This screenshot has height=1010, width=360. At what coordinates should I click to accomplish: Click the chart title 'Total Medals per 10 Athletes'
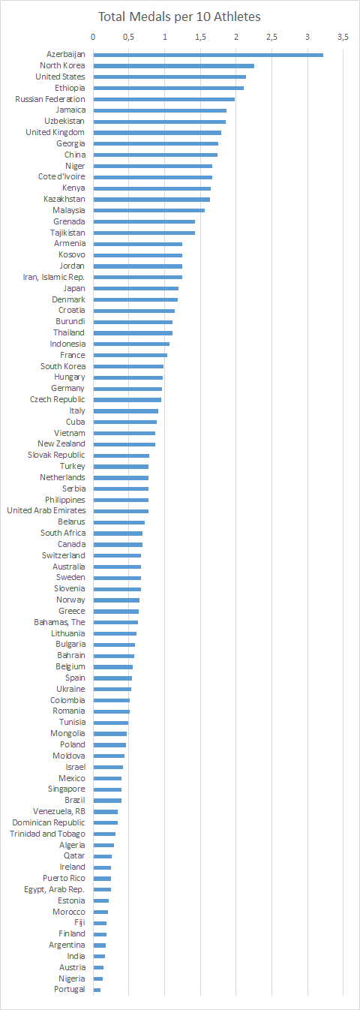pyautogui.click(x=179, y=16)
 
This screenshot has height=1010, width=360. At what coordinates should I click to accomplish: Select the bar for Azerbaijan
pyautogui.click(x=208, y=55)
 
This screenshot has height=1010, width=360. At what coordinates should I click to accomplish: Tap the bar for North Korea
pyautogui.click(x=173, y=66)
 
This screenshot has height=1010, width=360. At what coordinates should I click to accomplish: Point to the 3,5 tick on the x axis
pyautogui.click(x=343, y=37)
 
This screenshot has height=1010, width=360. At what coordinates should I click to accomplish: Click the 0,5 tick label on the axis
pyautogui.click(x=128, y=37)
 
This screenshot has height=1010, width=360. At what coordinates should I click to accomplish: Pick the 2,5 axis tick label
pyautogui.click(x=271, y=37)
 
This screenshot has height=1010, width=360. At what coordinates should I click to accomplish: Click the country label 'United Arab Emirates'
pyautogui.click(x=46, y=511)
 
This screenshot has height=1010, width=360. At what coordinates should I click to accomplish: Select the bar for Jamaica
pyautogui.click(x=160, y=110)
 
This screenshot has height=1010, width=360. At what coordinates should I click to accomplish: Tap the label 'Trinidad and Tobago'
pyautogui.click(x=47, y=834)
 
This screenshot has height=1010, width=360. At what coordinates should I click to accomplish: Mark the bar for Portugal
pyautogui.click(x=97, y=990)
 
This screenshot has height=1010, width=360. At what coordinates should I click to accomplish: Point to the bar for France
pyautogui.click(x=130, y=355)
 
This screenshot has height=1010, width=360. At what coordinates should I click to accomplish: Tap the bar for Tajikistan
pyautogui.click(x=144, y=233)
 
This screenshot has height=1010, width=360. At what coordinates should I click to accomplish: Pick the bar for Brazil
pyautogui.click(x=107, y=801)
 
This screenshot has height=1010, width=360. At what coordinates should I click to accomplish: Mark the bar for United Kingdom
pyautogui.click(x=157, y=133)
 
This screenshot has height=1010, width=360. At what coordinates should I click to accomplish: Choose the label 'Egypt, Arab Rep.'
pyautogui.click(x=54, y=889)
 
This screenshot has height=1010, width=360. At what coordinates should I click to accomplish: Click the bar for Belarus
pyautogui.click(x=118, y=522)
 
